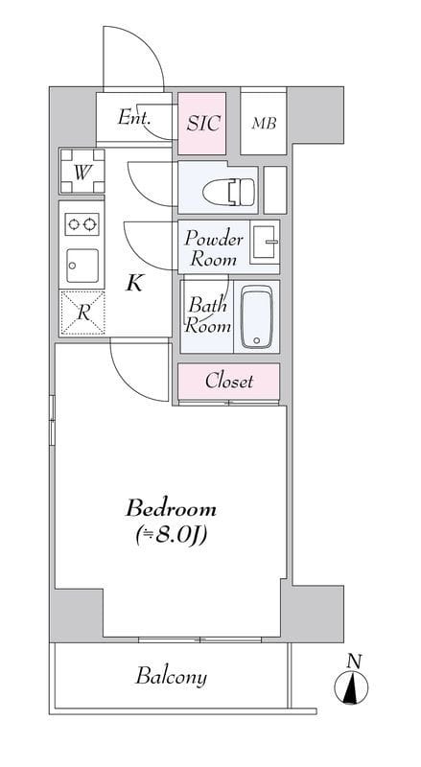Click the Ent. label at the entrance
(x=133, y=117)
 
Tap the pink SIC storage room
(x=201, y=124)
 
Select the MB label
(x=264, y=124)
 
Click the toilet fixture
(x=228, y=192)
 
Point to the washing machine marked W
(x=82, y=172)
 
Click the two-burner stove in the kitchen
(x=82, y=224)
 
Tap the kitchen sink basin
(x=82, y=266)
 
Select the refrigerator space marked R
(x=82, y=314)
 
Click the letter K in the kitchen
(x=134, y=283)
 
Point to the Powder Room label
(x=214, y=249)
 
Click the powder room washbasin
(x=265, y=242)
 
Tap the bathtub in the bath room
(x=256, y=316)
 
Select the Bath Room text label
(x=207, y=315)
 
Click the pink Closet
(x=228, y=382)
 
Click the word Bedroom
(x=171, y=509)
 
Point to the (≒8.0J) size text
(x=171, y=535)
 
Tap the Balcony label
(x=171, y=678)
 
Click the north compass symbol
(x=352, y=687)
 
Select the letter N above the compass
(x=354, y=662)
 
